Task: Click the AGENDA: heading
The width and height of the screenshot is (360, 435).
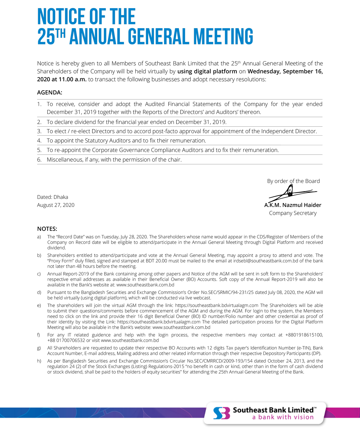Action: [49, 92]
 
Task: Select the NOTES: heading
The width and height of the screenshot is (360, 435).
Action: [47, 229]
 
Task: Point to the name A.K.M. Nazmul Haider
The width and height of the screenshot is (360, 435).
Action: [293, 205]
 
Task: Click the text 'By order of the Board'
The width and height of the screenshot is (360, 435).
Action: [293, 181]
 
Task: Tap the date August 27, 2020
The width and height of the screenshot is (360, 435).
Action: [56, 205]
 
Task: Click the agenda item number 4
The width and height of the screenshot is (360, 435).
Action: [39, 141]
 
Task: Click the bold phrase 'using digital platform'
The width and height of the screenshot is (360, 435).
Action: [207, 71]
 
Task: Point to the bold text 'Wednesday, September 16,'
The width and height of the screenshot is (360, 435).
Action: [285, 71]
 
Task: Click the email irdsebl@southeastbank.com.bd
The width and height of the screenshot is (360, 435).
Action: [266, 261]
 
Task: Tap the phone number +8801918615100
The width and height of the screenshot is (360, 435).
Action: [304, 335]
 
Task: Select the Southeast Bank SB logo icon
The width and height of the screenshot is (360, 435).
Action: [221, 413]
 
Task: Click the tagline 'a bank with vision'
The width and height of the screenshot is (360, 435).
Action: [283, 417]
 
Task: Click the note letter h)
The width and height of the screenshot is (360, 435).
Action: [39, 361]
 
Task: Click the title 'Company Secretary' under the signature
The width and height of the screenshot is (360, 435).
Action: [293, 213]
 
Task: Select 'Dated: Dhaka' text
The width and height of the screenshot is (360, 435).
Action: [52, 197]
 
